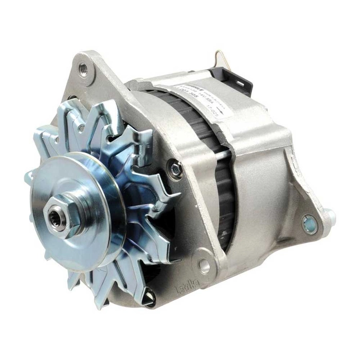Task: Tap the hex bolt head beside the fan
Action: click(175, 168)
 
